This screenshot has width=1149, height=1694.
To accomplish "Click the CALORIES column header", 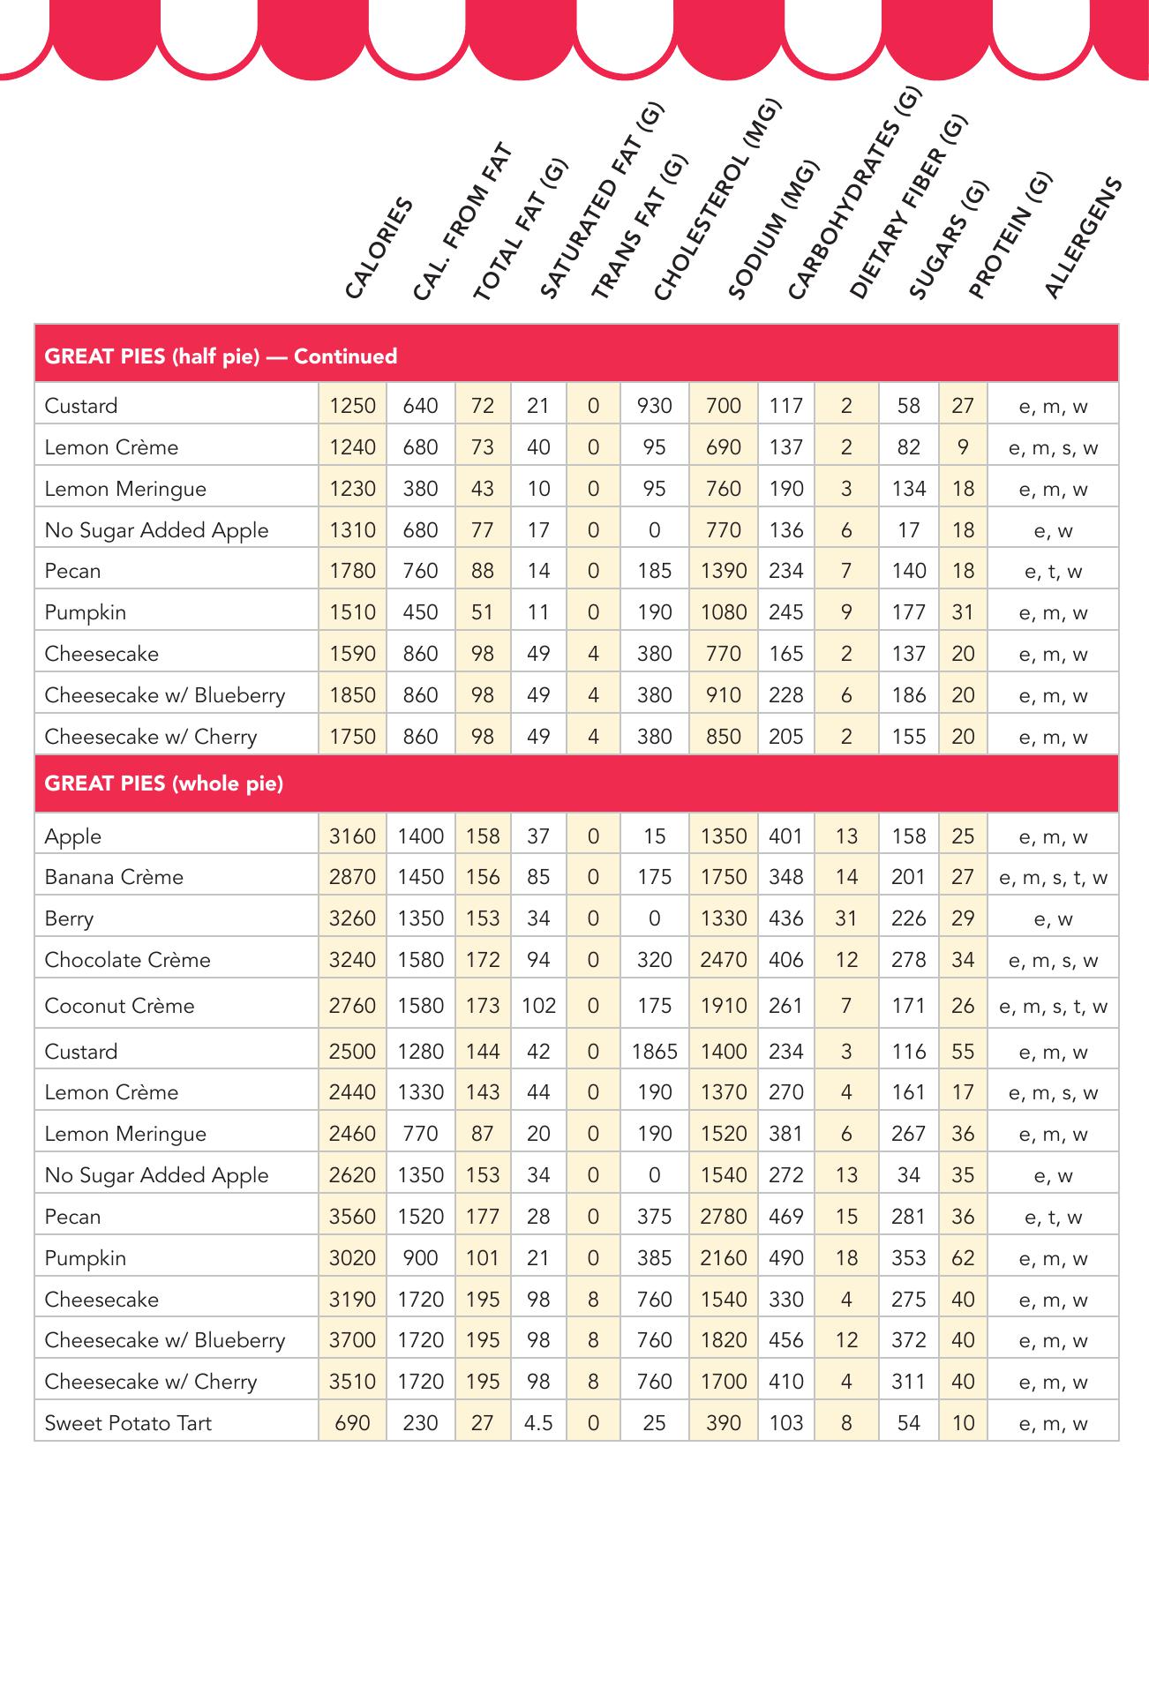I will click(x=379, y=248).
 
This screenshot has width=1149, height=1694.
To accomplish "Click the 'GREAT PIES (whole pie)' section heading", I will click(x=164, y=783).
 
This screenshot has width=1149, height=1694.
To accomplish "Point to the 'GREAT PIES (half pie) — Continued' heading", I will click(x=221, y=356).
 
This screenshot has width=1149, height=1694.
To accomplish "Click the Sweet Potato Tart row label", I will click(x=128, y=1422).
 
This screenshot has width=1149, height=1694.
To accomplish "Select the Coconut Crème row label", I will click(x=119, y=1006).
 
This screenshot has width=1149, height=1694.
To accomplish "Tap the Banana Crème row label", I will click(x=114, y=877).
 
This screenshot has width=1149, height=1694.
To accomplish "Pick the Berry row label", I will click(x=69, y=918).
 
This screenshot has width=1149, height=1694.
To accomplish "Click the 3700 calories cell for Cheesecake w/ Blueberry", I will click(x=352, y=1340).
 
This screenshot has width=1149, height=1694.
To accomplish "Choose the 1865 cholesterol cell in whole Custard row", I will click(x=654, y=1052).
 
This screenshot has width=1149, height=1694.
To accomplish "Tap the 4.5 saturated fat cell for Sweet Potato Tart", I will click(x=538, y=1422).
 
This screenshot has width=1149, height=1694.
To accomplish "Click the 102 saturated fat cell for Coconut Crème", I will click(x=538, y=1006).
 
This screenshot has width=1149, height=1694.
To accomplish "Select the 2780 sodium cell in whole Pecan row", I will click(x=723, y=1217).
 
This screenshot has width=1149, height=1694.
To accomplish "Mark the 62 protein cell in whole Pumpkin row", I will click(x=963, y=1258).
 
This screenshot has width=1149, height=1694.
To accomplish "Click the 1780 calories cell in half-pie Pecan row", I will click(x=352, y=571).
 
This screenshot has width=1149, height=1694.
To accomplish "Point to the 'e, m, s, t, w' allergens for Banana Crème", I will click(x=1053, y=877).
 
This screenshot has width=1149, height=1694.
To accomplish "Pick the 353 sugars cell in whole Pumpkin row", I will click(x=908, y=1258).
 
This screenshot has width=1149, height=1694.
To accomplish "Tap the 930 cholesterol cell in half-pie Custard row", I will click(x=654, y=406).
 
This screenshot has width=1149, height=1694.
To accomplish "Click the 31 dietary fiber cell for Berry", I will click(x=846, y=918).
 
